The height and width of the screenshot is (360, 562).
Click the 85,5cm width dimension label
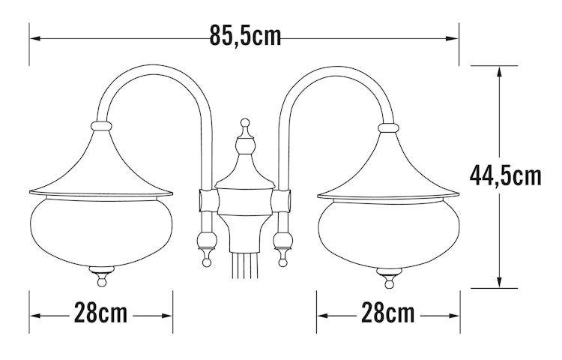245,36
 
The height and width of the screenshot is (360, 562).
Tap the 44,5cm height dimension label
505,175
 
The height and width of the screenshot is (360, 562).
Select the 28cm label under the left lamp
101,313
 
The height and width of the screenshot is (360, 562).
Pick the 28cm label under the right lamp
388,313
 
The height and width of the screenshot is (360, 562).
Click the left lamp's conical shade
100,169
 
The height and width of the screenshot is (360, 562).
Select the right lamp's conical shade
388,169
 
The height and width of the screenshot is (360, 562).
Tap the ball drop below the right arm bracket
283,244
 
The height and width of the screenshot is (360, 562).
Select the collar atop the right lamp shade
388,127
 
